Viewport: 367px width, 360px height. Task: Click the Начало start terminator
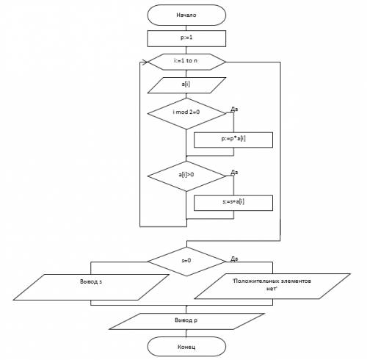point(186,15)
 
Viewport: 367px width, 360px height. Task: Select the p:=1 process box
point(186,38)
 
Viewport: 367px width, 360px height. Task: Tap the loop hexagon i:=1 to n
point(186,62)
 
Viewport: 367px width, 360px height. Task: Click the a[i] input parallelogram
point(186,85)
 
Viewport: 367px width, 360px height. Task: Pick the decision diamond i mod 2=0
point(186,113)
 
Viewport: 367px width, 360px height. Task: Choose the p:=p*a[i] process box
point(233,140)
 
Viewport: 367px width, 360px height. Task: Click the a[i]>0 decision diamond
point(186,176)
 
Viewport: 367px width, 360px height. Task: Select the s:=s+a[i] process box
point(233,203)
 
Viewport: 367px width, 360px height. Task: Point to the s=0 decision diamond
point(186,262)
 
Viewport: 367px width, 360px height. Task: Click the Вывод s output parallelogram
point(91,287)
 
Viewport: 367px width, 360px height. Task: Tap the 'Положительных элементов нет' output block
point(272,286)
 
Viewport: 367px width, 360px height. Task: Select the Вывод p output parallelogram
point(186,321)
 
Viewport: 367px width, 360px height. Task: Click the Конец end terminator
point(186,346)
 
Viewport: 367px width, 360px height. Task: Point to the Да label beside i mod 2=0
point(234,109)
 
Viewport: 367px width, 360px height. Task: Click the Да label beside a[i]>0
point(234,173)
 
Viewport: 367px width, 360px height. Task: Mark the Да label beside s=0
point(234,259)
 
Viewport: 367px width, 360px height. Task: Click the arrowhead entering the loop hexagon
point(145,62)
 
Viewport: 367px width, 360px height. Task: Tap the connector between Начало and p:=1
point(186,28)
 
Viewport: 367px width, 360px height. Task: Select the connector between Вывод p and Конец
point(186,333)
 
